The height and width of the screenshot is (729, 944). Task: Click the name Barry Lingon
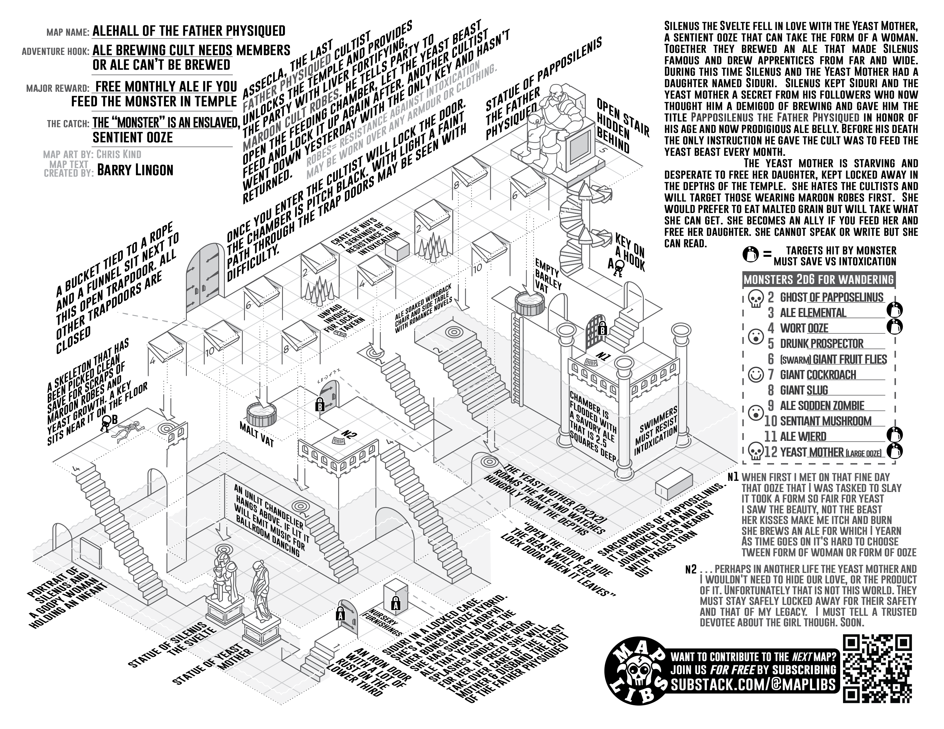point(135,170)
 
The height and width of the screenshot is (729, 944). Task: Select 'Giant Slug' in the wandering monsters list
point(804,391)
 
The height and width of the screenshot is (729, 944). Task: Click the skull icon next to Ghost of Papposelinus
point(755,298)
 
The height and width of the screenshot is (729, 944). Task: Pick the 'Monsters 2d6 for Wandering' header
point(818,280)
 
